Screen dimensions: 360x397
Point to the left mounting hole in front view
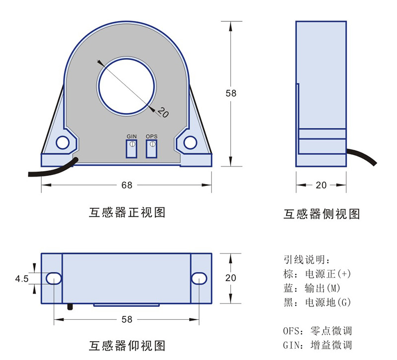pos(63,143)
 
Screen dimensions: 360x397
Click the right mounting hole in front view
pos(191,143)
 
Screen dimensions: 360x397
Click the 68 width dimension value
pos(127,185)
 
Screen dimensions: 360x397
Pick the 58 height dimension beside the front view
pos(231,93)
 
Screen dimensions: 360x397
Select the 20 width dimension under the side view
pos(321,185)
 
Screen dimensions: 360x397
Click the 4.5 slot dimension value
pos(22,279)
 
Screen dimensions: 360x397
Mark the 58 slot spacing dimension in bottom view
pos(127,319)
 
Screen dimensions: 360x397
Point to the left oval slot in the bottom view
pos(54,279)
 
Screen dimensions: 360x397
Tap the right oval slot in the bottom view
pos(198,279)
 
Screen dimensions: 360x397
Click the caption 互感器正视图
pos(127,212)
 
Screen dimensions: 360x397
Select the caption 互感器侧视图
pos(321,214)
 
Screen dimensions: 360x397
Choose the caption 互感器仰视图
pos(127,345)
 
